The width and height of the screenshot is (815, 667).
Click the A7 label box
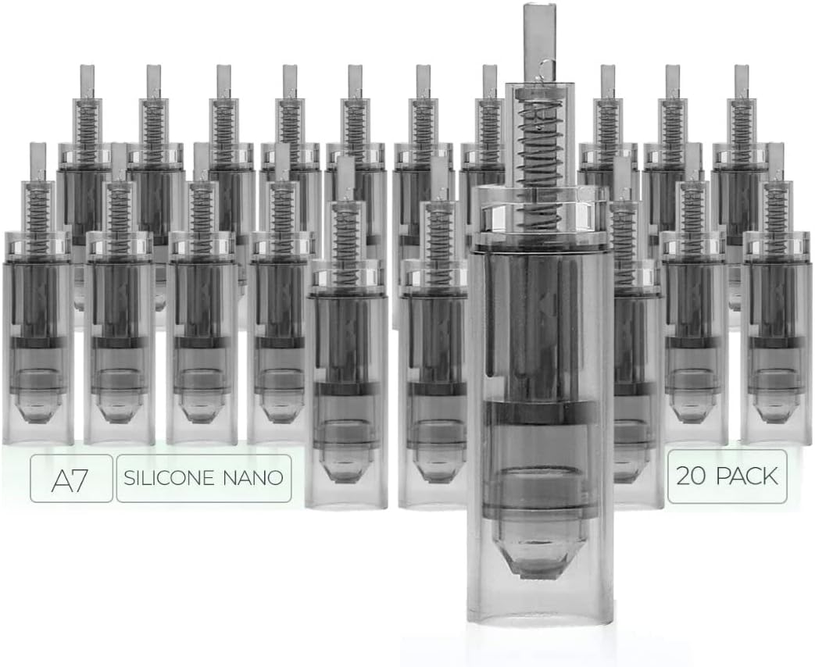pos(71,478)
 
